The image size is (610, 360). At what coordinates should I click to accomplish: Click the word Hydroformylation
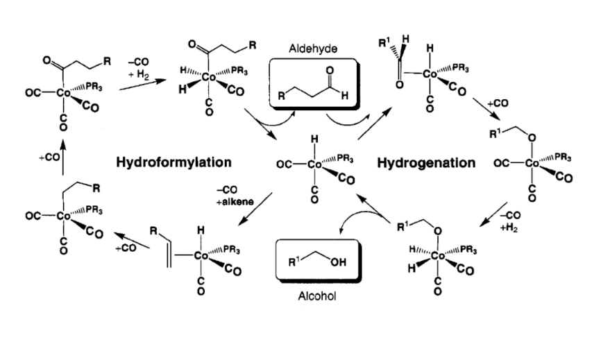(x=173, y=162)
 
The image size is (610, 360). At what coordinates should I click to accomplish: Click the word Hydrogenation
(x=426, y=162)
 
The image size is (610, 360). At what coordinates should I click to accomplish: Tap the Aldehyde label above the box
(x=313, y=49)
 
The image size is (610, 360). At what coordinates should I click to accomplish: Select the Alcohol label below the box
(x=316, y=296)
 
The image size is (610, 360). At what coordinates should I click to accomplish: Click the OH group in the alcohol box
(x=338, y=262)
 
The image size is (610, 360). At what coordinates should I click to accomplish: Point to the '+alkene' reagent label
(x=235, y=202)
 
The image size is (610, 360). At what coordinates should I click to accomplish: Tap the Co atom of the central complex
(x=314, y=165)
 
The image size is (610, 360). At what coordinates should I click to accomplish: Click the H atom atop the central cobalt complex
(x=314, y=139)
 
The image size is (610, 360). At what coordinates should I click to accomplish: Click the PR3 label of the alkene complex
(x=231, y=250)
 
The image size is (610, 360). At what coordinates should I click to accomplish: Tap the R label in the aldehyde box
(x=281, y=96)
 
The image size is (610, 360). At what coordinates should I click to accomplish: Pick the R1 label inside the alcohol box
(x=294, y=262)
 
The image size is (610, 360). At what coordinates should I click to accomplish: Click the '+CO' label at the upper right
(x=498, y=103)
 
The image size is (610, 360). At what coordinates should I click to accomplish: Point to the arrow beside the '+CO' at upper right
(x=486, y=109)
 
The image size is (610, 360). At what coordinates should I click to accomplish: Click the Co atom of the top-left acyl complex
(x=63, y=93)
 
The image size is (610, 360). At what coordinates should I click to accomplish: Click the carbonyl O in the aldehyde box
(x=330, y=70)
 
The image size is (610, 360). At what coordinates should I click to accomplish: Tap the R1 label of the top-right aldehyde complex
(x=384, y=43)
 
